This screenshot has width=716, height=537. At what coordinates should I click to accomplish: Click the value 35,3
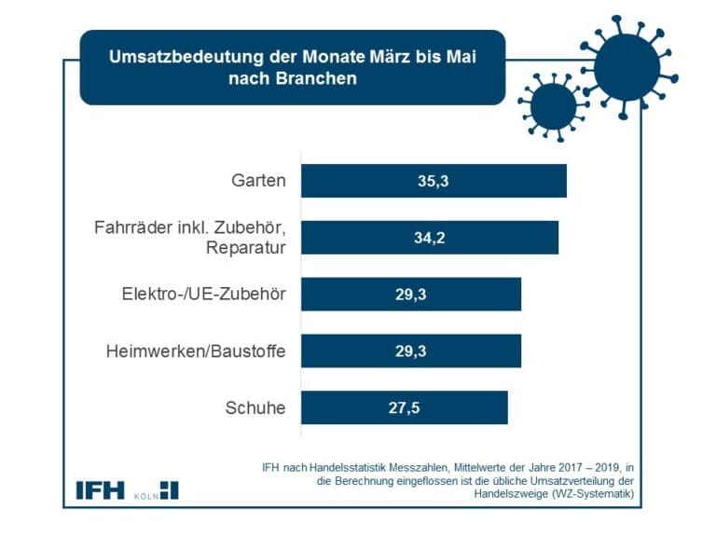[x=434, y=181]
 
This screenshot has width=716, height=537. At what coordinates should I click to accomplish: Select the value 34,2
[x=430, y=238]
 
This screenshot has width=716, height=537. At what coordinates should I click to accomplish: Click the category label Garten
[x=258, y=181]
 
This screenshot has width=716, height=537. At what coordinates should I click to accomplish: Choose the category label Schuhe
[x=255, y=407]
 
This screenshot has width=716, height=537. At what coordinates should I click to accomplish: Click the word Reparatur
[x=246, y=247]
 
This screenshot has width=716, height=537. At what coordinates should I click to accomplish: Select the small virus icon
[x=553, y=105]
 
